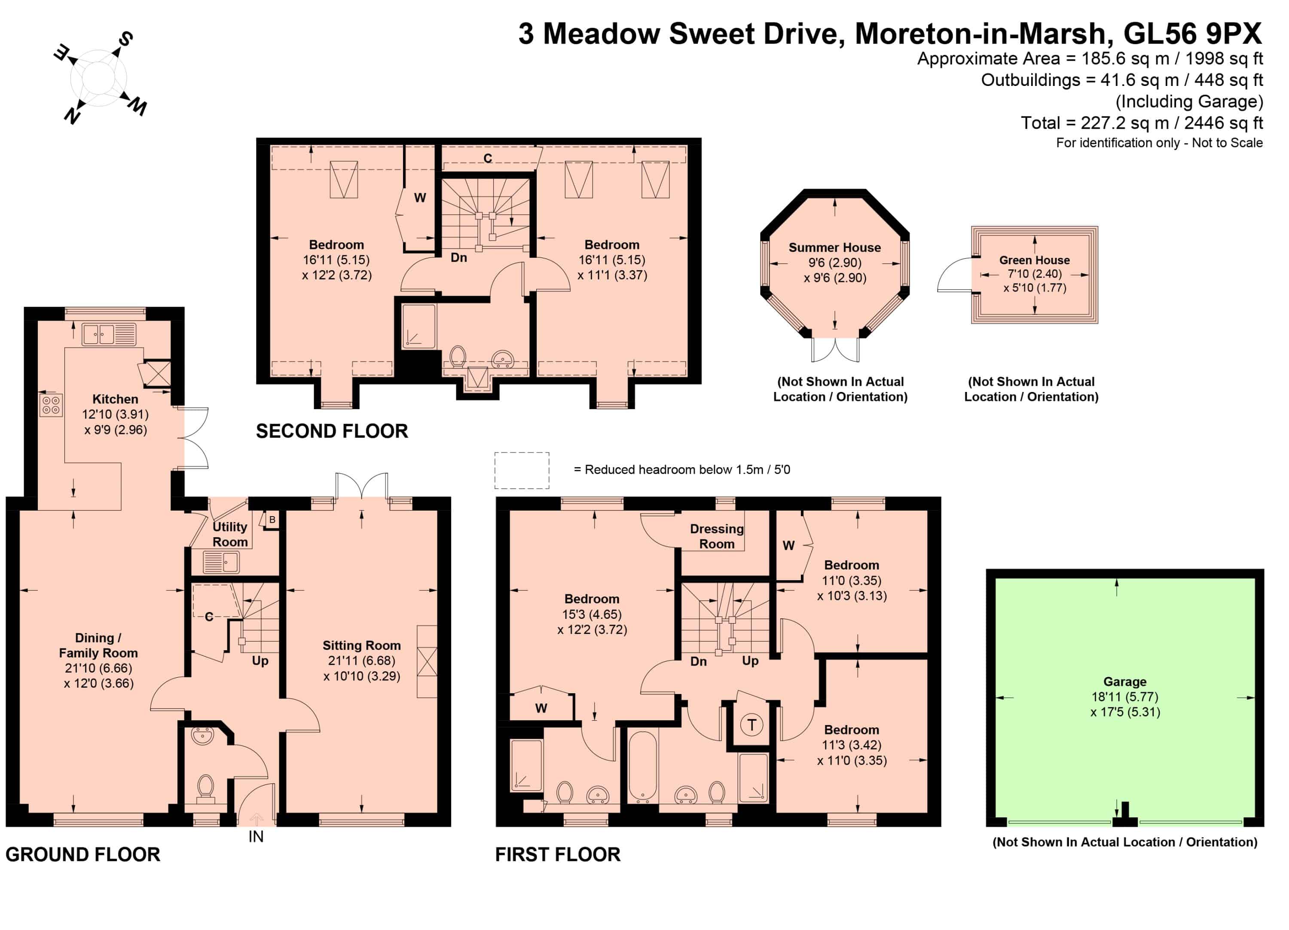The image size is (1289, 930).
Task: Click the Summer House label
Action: pyautogui.click(x=834, y=248)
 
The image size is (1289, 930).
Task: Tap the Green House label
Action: pyautogui.click(x=1034, y=260)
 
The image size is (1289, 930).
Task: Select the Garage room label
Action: pyautogui.click(x=1125, y=682)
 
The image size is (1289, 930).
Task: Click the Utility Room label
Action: pyautogui.click(x=229, y=534)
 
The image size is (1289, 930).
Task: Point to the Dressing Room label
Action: pyautogui.click(x=717, y=536)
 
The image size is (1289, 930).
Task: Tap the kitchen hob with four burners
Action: pyautogui.click(x=51, y=405)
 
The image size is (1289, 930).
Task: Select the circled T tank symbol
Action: pyautogui.click(x=752, y=725)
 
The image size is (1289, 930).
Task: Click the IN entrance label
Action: pyautogui.click(x=256, y=837)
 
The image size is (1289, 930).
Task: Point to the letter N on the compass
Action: pyautogui.click(x=72, y=116)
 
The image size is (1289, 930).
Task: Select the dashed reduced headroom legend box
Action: pyautogui.click(x=522, y=470)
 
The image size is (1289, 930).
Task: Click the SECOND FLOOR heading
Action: pyautogui.click(x=332, y=431)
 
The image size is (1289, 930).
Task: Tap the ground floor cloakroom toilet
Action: pyautogui.click(x=205, y=789)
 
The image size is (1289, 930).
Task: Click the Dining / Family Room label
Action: pyautogui.click(x=98, y=645)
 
